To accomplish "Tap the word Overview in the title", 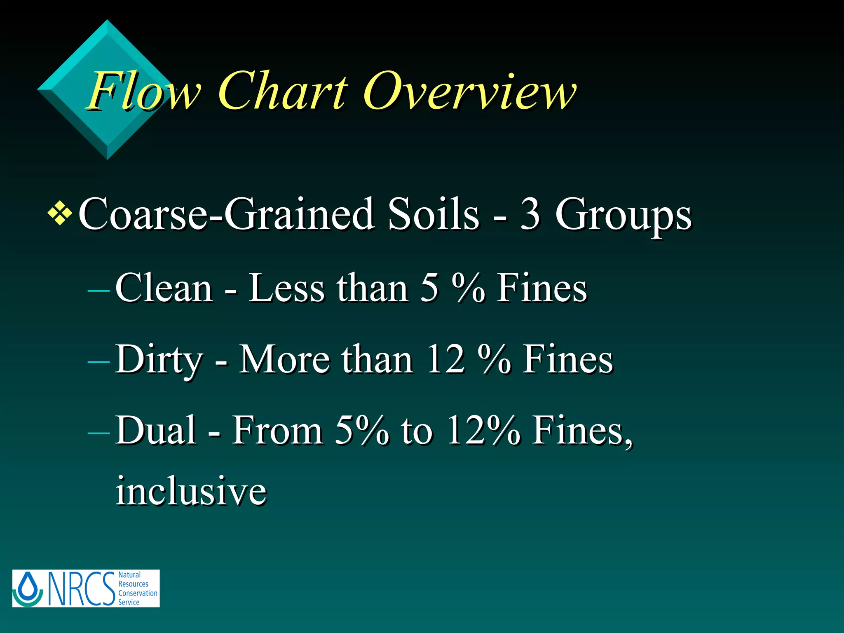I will (470, 91).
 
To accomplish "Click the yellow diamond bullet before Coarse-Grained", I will (60, 213).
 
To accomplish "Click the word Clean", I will (164, 288).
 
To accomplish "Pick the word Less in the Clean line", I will (287, 288).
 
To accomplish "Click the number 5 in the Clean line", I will (429, 288).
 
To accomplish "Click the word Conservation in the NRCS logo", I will (138, 593).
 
